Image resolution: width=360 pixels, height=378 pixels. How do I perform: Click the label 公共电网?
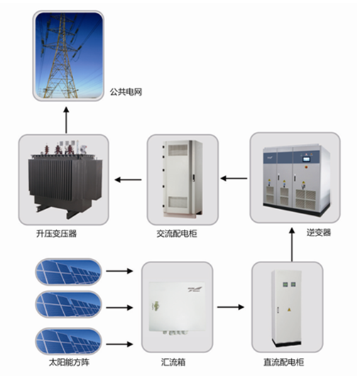point(126,92)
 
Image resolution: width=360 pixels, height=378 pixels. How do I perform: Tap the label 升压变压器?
point(57,233)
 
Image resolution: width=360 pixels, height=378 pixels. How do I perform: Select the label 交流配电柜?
point(177,233)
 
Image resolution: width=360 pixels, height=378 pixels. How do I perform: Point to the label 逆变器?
point(319,233)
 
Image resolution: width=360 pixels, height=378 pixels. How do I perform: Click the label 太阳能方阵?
point(70,362)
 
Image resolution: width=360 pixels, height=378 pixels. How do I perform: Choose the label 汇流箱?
point(173,362)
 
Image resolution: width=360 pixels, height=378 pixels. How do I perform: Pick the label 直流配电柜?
point(283,362)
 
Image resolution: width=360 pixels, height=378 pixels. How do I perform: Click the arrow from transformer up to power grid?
point(66,120)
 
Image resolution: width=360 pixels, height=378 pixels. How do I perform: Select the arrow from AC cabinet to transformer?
point(128,179)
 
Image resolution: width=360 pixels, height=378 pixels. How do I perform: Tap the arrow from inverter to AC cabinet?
point(234,179)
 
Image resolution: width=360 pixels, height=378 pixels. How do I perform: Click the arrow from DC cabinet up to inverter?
point(292,245)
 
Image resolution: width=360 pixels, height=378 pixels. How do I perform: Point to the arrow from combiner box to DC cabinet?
point(231,307)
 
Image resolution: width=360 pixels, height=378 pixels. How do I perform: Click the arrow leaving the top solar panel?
point(119,271)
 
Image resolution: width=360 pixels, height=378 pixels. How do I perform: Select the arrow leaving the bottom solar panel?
point(119,344)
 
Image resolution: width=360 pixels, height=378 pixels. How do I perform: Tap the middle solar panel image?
point(69,304)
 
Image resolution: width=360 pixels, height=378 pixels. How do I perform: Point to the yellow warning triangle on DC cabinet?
point(288,309)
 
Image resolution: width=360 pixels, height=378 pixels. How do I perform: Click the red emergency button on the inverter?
point(307,167)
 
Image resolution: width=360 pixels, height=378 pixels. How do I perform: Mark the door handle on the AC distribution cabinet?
point(194,177)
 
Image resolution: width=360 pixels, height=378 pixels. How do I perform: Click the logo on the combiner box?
point(195,289)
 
